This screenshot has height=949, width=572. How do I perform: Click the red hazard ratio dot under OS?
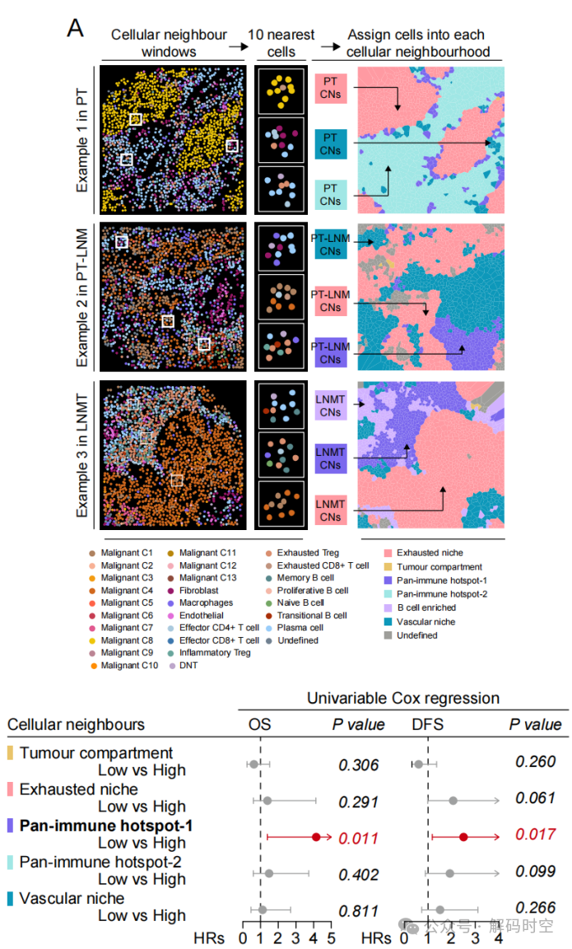[x=315, y=837]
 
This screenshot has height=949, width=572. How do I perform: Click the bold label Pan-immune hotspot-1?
[x=106, y=826]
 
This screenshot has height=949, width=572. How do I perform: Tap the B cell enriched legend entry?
[x=426, y=608]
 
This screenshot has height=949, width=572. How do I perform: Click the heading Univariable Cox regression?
[x=402, y=698]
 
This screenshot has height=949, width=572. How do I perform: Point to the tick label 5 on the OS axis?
[x=331, y=937]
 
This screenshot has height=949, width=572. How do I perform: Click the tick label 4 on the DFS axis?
[x=499, y=937]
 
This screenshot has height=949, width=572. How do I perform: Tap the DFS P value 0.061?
[x=535, y=798]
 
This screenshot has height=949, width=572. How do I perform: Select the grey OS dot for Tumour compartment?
[x=253, y=765]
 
